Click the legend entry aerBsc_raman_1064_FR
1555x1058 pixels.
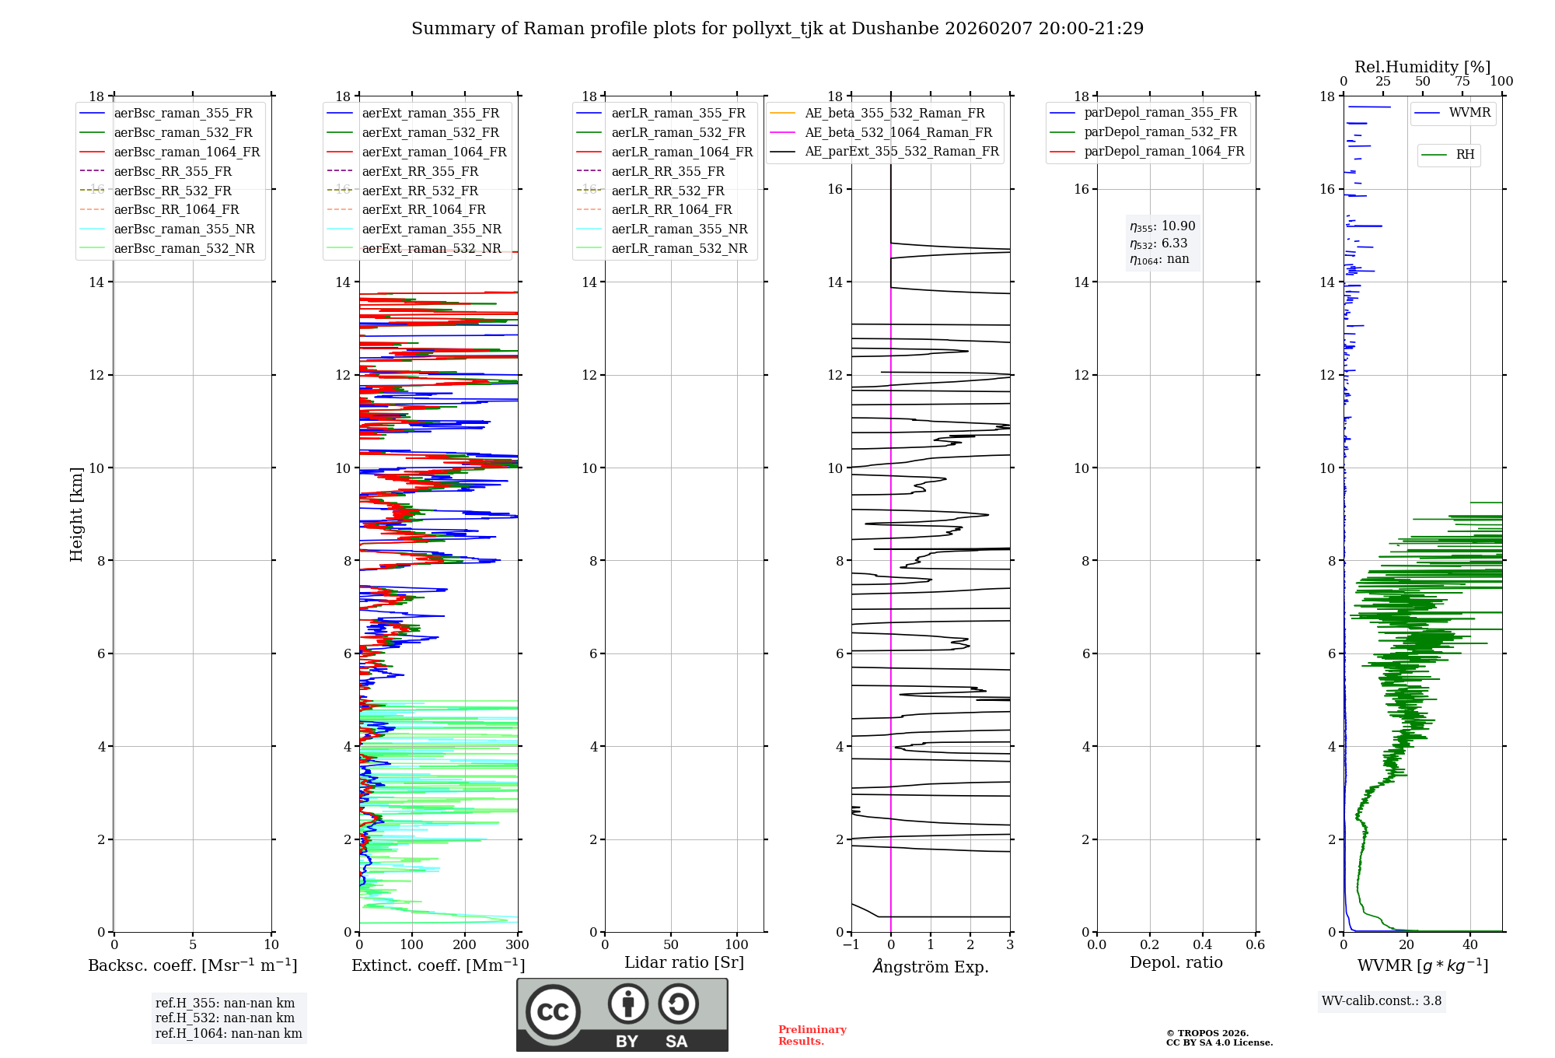point(187,152)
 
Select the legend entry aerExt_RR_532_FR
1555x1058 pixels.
point(420,191)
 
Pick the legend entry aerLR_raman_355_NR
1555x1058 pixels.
point(679,229)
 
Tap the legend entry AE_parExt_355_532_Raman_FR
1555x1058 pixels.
point(901,152)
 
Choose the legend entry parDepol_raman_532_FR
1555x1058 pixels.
point(1160,132)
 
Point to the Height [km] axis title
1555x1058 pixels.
point(76,514)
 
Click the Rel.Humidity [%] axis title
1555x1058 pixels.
point(1422,67)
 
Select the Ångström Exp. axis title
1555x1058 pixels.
point(930,967)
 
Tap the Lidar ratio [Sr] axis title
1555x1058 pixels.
point(683,963)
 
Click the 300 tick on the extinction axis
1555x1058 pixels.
point(517,945)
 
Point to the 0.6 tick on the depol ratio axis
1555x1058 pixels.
point(1255,945)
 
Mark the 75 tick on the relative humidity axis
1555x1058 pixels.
point(1462,82)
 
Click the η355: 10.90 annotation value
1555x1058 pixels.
point(1162,226)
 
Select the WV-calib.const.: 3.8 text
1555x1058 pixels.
point(1381,1001)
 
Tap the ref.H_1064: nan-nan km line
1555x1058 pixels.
point(229,1034)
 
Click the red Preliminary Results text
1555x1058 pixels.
point(812,1035)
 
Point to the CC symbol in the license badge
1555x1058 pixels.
point(553,1011)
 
